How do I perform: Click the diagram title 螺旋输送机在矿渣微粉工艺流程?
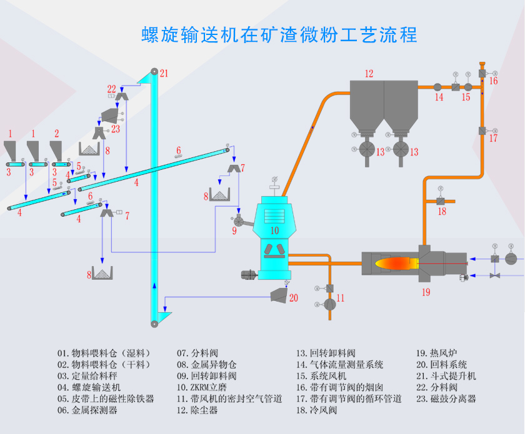[x=279, y=34]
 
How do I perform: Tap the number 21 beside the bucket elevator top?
[x=164, y=73]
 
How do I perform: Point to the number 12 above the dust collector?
[x=369, y=74]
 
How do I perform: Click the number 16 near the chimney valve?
[x=494, y=81]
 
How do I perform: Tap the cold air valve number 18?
[x=442, y=212]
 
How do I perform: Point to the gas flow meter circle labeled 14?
[x=437, y=87]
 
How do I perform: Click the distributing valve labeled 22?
[x=122, y=95]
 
